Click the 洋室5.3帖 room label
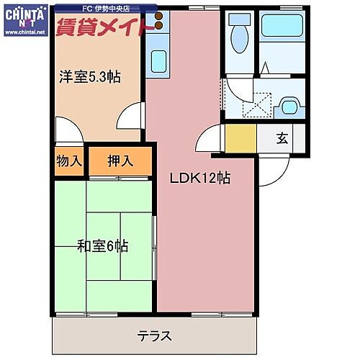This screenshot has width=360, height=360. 89,78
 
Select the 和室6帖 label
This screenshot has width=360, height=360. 103,246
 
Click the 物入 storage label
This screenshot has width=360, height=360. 69,161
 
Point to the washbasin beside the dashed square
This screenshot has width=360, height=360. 291,107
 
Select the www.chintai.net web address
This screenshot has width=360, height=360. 24,33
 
